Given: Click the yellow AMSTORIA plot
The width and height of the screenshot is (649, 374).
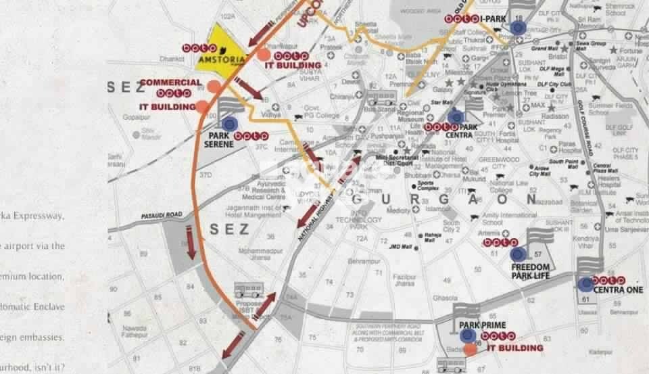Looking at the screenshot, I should [x=220, y=45].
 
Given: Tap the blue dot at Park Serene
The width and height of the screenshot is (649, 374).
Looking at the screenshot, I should [x=229, y=123].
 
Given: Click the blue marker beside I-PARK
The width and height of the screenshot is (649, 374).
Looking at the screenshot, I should [x=518, y=27].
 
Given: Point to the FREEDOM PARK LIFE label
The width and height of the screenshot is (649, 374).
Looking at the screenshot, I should [x=531, y=271].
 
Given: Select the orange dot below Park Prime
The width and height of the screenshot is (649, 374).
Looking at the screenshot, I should [x=470, y=350].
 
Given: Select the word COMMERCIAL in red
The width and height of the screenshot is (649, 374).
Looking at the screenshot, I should [x=170, y=83].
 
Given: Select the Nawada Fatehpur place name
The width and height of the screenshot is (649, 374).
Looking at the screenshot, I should [x=135, y=331].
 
